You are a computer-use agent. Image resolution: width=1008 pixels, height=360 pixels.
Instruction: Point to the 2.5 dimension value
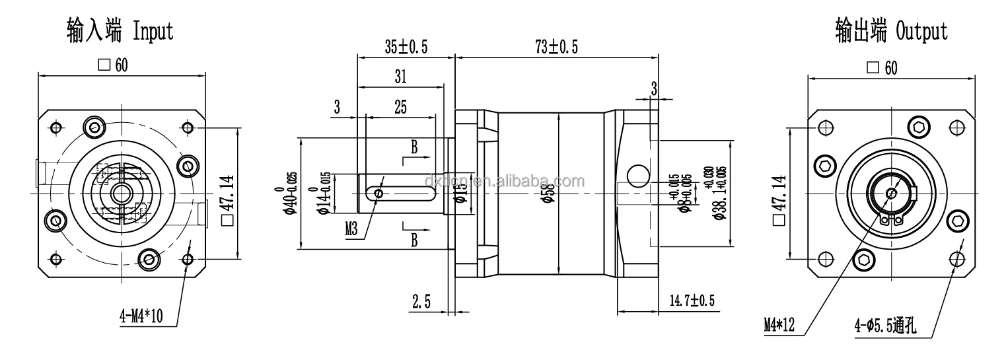421,302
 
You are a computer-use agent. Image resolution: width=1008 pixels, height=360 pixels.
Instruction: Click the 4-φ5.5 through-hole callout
889,324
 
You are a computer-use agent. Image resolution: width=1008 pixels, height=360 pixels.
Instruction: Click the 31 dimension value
400,77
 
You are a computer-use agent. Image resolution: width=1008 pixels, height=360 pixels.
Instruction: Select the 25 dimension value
400,106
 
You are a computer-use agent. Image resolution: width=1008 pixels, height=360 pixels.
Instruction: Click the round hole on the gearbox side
637,175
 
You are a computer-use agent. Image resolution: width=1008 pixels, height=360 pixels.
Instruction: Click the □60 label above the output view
882,69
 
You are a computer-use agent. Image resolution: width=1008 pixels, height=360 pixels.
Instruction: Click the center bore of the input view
120,194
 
